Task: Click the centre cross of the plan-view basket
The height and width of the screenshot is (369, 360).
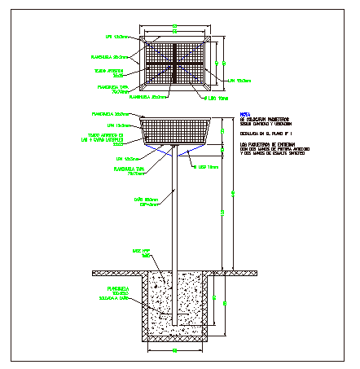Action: coord(175,64)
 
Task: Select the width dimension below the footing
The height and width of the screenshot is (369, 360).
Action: coord(175,350)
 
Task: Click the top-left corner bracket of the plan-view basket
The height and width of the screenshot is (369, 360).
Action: coord(144,38)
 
